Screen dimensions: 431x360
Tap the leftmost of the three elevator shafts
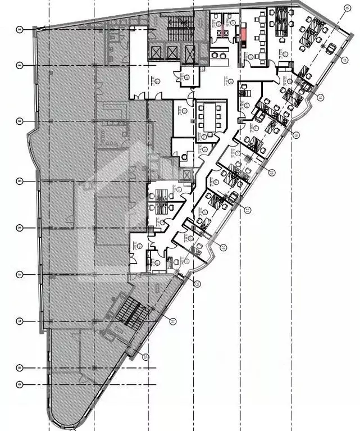pyautogui.click(x=156, y=53)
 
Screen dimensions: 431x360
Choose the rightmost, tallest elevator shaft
pyautogui.click(x=191, y=55)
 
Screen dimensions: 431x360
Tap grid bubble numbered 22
pyautogui.click(x=223, y=247)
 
